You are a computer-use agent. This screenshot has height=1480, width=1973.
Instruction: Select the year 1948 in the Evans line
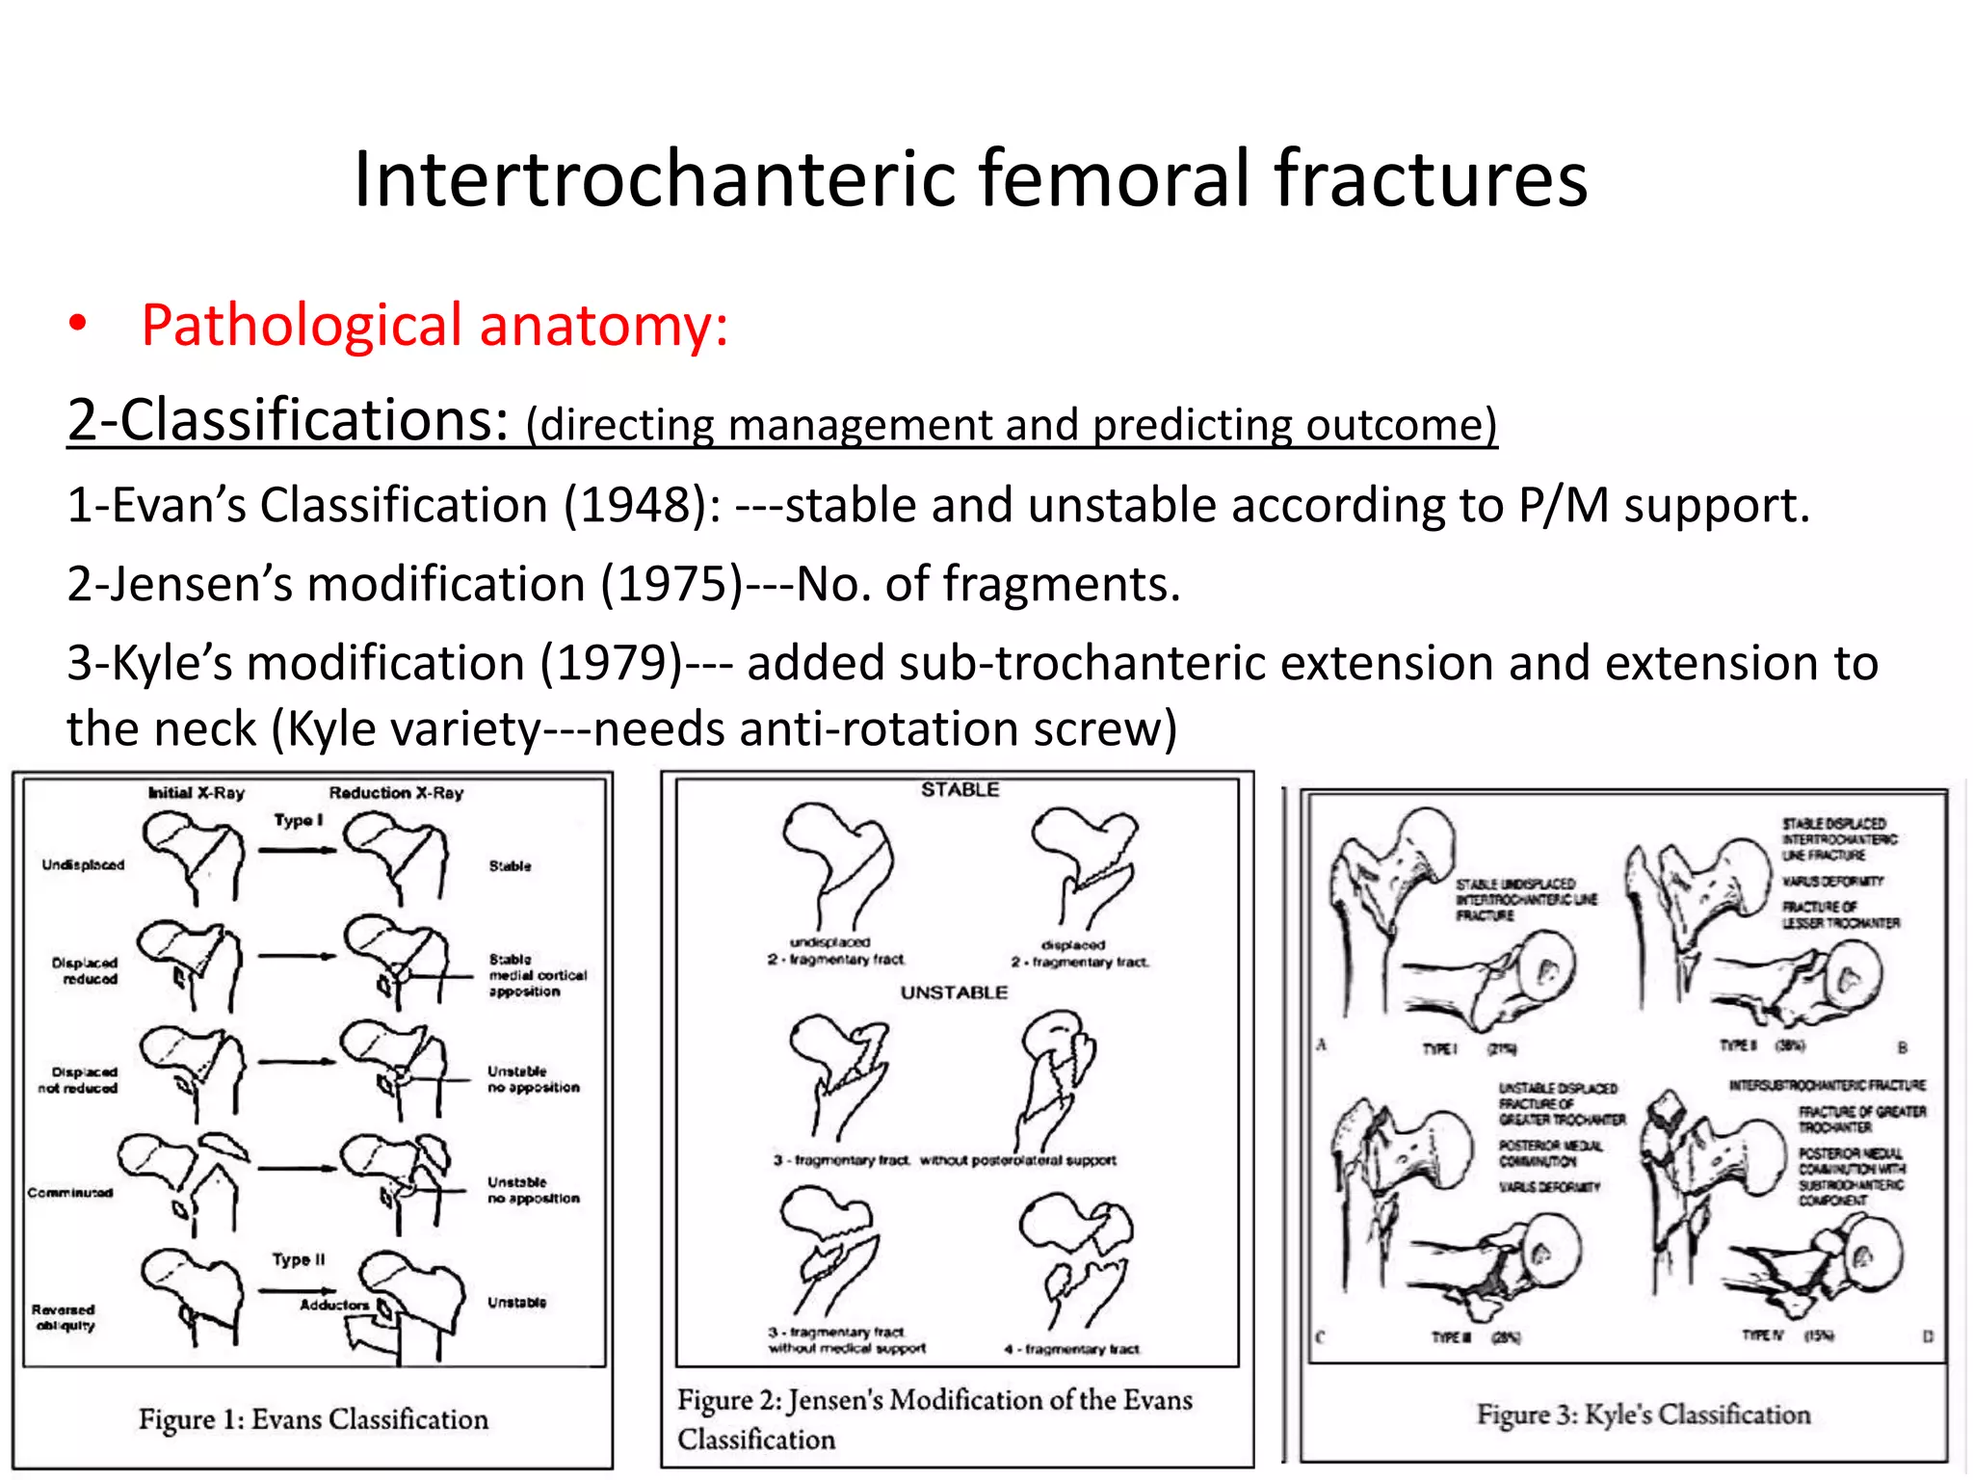(635, 506)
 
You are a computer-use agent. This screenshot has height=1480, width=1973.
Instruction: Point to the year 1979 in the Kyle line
(611, 664)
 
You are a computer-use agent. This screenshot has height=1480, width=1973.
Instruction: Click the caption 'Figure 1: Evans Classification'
(313, 1419)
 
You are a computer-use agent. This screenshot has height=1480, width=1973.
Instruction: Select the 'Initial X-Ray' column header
(197, 793)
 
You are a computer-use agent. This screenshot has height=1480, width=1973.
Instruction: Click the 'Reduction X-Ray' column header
(396, 793)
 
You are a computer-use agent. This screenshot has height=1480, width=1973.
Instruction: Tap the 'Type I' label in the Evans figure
(298, 821)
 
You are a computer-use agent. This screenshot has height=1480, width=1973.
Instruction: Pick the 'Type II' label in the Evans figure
(299, 1259)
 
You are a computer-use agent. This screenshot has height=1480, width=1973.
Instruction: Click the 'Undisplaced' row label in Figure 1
(83, 865)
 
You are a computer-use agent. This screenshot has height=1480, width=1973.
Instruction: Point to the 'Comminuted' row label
(69, 1193)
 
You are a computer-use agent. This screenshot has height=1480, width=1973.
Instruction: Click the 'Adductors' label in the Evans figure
(333, 1305)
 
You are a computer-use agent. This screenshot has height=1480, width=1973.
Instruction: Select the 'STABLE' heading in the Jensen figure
(960, 790)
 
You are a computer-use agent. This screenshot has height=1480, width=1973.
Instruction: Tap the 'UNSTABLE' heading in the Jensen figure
(954, 992)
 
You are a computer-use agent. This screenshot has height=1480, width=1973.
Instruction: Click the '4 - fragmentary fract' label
(1071, 1349)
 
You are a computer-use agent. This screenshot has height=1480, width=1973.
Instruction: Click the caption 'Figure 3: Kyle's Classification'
(1644, 1414)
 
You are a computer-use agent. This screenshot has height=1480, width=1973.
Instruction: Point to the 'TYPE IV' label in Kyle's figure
(1763, 1335)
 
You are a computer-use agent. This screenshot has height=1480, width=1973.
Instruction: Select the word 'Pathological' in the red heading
(302, 326)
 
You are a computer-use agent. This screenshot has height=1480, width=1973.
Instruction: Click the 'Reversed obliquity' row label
(64, 1317)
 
